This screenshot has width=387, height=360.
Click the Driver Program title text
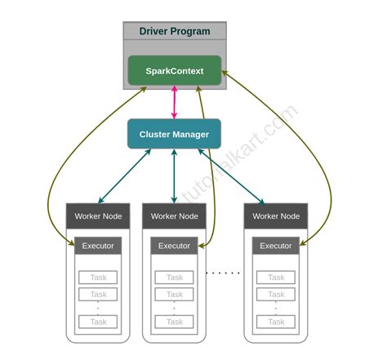pyautogui.click(x=174, y=32)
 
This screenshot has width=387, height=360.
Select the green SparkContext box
pyautogui.click(x=174, y=71)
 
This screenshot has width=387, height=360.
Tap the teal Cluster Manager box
pyautogui.click(x=174, y=134)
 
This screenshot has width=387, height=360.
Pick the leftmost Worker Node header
pyautogui.click(x=98, y=216)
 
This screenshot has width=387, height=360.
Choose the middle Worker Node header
pyautogui.click(x=174, y=216)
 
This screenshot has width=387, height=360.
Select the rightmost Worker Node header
pyautogui.click(x=276, y=216)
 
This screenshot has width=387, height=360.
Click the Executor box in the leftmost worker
pyautogui.click(x=98, y=246)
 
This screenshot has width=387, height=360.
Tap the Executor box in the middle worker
pyautogui.click(x=174, y=246)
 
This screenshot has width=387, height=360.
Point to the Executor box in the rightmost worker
pyautogui.click(x=276, y=246)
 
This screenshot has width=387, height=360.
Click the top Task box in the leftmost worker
pyautogui.click(x=98, y=278)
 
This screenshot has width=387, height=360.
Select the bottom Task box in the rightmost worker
pyautogui.click(x=276, y=322)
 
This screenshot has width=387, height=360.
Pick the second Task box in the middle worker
pyautogui.click(x=174, y=294)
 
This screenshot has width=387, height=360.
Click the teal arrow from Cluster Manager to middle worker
pyautogui.click(x=174, y=176)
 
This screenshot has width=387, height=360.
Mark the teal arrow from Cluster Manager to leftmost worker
pyautogui.click(x=124, y=176)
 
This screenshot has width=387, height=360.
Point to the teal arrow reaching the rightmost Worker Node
pyautogui.click(x=232, y=176)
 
